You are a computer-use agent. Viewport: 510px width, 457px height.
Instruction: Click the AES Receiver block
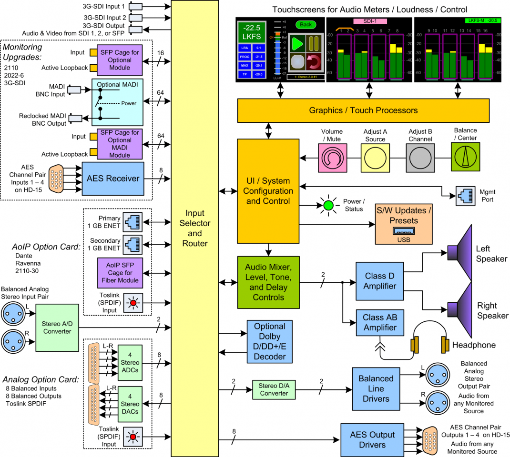pos(113,179)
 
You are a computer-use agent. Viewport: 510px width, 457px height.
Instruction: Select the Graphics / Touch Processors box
pos(363,110)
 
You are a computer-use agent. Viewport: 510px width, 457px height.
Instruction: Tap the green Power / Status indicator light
pos(328,206)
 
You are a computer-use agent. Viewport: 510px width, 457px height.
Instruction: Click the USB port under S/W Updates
pos(404,231)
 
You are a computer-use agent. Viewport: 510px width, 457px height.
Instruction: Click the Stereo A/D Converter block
pos(57,327)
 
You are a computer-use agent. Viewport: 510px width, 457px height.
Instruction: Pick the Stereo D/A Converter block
pos(274,389)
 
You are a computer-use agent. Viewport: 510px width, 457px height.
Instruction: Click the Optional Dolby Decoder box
pos(269,341)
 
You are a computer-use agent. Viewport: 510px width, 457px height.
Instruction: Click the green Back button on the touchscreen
pos(306,25)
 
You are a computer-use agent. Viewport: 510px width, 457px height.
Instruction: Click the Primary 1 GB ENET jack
pos(131,222)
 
